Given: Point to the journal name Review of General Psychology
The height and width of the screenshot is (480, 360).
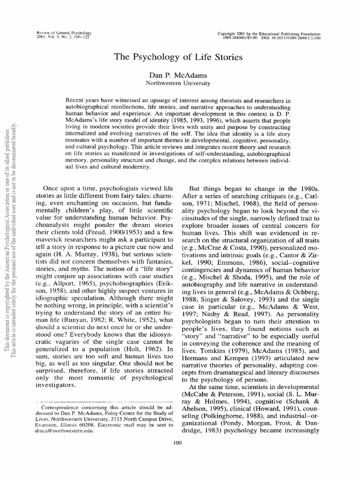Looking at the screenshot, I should pyautogui.click(x=63, y=34).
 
